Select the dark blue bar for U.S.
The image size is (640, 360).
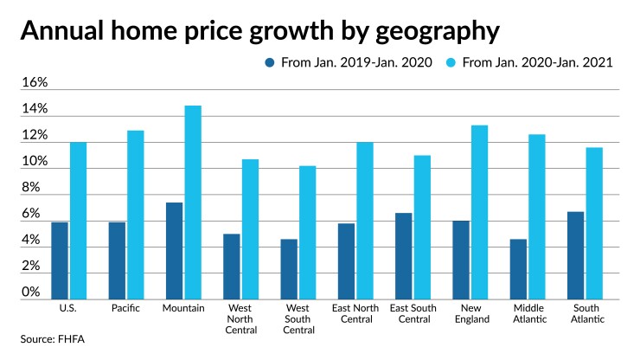(59, 260)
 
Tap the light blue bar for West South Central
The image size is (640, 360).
(307, 232)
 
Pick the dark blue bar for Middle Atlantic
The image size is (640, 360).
(518, 269)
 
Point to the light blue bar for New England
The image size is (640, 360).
(480, 212)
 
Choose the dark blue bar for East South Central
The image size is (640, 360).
(404, 256)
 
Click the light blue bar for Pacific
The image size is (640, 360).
(136, 215)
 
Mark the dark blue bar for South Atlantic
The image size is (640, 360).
(575, 255)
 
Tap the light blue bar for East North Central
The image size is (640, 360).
(365, 221)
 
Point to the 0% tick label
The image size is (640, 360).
(31, 292)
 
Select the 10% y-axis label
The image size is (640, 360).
(34, 162)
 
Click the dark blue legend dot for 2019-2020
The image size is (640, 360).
(269, 63)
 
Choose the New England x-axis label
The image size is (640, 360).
(470, 312)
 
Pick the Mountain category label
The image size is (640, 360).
(183, 307)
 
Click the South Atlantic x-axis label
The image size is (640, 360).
(585, 312)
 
